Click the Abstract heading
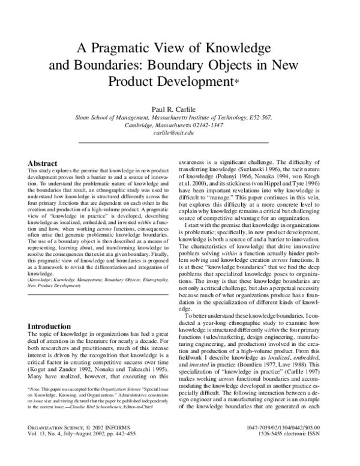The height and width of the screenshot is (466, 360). click(43, 163)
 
